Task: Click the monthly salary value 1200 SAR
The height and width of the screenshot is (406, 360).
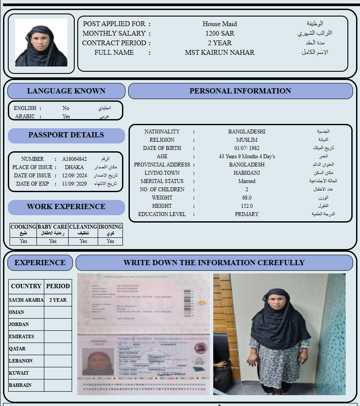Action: (x=220, y=33)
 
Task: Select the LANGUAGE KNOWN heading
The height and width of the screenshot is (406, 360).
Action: (x=66, y=91)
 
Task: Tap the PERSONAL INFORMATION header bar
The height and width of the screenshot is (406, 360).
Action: (x=240, y=91)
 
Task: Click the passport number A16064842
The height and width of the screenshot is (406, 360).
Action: (x=74, y=159)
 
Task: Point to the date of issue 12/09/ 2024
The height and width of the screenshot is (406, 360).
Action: (x=75, y=176)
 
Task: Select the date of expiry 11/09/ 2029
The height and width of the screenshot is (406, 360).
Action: (x=75, y=184)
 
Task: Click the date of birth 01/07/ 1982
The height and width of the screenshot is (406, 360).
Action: (x=247, y=148)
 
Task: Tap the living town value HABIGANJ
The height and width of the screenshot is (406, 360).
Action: (x=247, y=173)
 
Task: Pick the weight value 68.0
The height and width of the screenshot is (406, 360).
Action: (x=247, y=198)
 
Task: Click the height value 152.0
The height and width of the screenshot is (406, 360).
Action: (x=247, y=206)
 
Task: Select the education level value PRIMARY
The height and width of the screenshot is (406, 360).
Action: (x=247, y=214)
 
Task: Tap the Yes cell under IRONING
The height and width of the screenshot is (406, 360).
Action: (x=110, y=241)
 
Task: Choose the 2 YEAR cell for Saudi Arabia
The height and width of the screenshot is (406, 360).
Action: (x=58, y=300)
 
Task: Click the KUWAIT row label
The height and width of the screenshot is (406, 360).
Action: (x=19, y=373)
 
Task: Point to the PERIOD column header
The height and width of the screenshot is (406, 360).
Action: (x=58, y=286)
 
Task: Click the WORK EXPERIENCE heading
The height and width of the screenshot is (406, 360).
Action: (x=66, y=207)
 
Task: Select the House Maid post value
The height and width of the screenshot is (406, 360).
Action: (x=220, y=24)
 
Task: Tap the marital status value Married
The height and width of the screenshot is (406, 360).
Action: (x=247, y=181)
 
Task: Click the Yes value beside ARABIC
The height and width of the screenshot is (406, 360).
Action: (x=66, y=116)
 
